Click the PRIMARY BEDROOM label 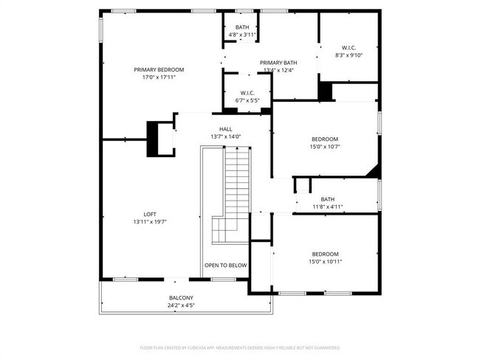pos(159,69)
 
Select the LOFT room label pos(150,214)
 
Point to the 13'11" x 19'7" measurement pos(150,221)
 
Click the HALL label pos(225,129)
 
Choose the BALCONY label pos(181,298)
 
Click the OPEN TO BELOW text pos(226,266)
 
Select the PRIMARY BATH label pos(278,63)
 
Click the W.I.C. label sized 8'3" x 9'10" pos(349,47)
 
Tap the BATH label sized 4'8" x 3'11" pos(241,27)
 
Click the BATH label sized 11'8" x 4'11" pos(327,199)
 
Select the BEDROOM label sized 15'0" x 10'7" pos(325,139)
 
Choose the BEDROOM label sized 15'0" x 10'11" pos(325,254)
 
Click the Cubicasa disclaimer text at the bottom pos(240,347)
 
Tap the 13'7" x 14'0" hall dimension pos(225,136)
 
